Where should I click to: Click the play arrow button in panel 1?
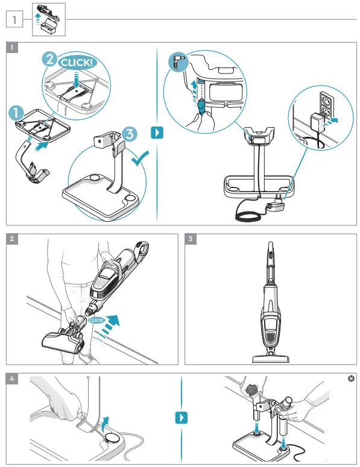click(x=157, y=131)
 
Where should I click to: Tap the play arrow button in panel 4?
click(x=180, y=417)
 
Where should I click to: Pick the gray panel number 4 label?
click(x=12, y=379)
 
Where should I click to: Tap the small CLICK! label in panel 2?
click(x=96, y=321)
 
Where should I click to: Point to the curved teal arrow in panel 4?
click(x=107, y=420)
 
